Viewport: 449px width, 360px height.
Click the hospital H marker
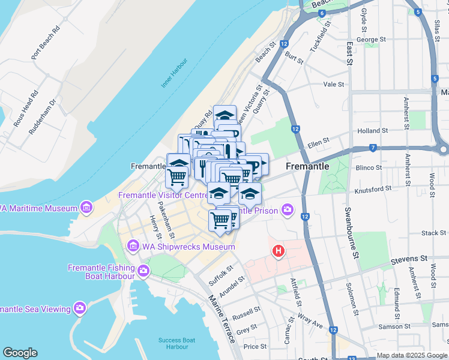tap(278, 252)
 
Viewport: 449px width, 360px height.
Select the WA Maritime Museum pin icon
tap(87, 208)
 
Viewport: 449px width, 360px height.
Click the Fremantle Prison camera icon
tap(289, 210)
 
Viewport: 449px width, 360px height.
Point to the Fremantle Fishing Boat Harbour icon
tap(143, 271)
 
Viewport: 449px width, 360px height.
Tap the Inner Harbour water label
tap(174, 73)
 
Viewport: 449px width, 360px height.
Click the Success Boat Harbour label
tap(176, 343)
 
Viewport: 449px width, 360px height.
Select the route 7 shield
tap(373, 148)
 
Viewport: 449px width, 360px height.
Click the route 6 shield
tap(322, 13)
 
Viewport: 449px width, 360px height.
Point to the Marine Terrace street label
tap(221, 319)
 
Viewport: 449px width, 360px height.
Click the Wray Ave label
tap(311, 323)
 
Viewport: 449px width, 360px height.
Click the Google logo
tap(20, 353)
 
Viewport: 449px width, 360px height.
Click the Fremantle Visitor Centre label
tap(163, 196)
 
